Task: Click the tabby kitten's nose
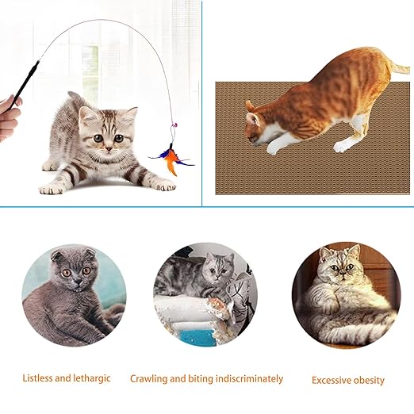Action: coord(109,149)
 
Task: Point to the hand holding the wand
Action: coord(10,117)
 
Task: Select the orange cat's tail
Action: coord(399,67)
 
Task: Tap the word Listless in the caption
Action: coord(38,378)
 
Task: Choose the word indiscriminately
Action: coord(250,378)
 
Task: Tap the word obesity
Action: coord(369,381)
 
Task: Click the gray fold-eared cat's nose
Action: coord(77,280)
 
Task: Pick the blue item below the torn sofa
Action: coord(196,338)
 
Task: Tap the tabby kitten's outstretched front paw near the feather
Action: coord(165,186)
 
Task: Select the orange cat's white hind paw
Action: coord(340,147)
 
